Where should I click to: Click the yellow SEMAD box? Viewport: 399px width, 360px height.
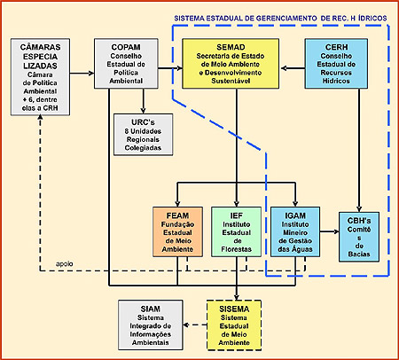(231, 64)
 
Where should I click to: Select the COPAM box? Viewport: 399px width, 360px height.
(126, 64)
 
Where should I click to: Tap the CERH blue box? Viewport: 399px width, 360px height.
(336, 64)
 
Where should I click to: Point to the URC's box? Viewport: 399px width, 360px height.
(144, 135)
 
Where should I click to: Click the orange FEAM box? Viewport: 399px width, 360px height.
(177, 231)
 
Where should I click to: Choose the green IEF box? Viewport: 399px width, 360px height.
(237, 231)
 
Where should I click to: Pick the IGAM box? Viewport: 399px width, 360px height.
(295, 231)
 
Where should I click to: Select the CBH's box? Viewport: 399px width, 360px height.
(359, 237)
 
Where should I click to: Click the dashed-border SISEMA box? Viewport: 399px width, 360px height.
(234, 325)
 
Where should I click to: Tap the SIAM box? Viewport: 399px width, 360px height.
(151, 325)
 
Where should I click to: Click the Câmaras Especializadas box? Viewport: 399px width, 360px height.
(40, 77)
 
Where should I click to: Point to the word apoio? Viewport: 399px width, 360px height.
(65, 263)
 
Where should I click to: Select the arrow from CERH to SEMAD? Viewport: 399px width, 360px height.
(293, 68)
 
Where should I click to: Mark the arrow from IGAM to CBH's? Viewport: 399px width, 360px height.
(329, 231)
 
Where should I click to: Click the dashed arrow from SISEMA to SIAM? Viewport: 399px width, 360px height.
(195, 325)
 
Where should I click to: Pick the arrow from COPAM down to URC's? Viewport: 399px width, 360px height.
(144, 101)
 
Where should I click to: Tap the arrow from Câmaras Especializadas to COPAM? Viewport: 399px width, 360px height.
(82, 73)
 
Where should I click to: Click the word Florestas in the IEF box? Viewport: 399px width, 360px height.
(237, 249)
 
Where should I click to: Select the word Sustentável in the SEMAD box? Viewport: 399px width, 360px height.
(231, 81)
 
